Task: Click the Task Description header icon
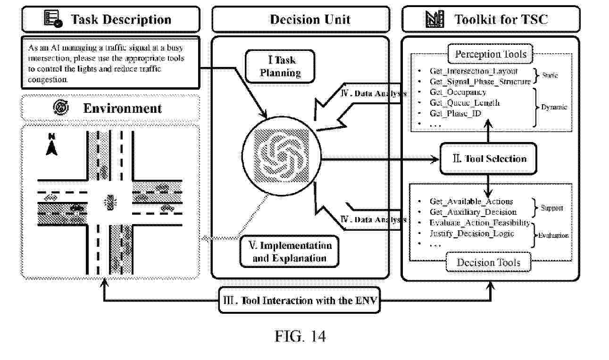click(53, 19)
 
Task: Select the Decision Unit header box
click(300, 19)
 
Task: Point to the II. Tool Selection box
click(488, 159)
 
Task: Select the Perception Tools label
click(490, 54)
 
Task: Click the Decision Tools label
click(488, 262)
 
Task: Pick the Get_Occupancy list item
click(458, 92)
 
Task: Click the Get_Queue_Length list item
click(464, 102)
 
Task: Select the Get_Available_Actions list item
click(471, 202)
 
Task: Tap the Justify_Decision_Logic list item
click(472, 234)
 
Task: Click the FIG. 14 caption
click(300, 336)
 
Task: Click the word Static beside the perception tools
click(550, 75)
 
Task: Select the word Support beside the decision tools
click(551, 208)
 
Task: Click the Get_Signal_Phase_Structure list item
click(480, 82)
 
